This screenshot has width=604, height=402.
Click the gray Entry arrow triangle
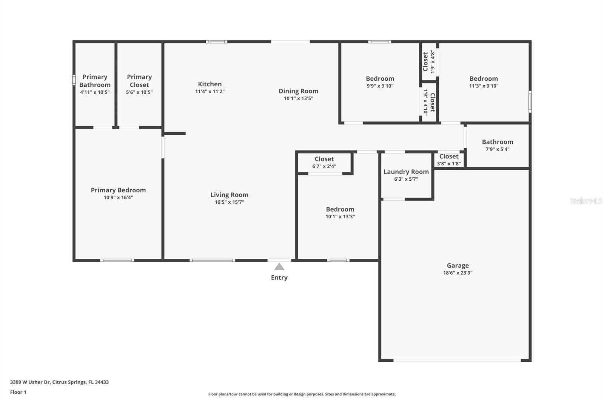pos(279,267)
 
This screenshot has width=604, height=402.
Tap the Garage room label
pos(458,265)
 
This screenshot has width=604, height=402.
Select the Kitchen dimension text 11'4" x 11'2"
pos(210,91)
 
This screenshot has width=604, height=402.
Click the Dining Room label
pos(298,91)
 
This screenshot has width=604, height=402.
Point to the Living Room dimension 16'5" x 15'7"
pos(229,202)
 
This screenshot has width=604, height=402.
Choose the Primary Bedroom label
pos(118,190)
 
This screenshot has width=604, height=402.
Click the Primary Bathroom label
pos(95,81)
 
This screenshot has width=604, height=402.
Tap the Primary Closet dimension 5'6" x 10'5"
pos(139,92)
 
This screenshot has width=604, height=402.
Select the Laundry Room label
pos(406,172)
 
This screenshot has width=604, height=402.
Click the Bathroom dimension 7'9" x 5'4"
pos(497,149)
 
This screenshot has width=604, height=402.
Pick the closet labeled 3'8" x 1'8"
pos(449,160)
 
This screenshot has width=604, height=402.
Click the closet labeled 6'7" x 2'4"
pos(324,162)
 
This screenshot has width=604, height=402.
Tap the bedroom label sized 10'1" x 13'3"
pos(340,209)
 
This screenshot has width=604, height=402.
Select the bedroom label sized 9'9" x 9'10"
pos(380,78)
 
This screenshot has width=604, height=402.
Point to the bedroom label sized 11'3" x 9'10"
pos(484,78)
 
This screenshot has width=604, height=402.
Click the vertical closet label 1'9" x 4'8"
pos(428,62)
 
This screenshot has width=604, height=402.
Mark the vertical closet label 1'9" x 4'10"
pos(429,102)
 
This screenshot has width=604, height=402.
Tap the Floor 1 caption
pos(18,392)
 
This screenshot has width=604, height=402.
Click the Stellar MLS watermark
pos(586,201)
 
